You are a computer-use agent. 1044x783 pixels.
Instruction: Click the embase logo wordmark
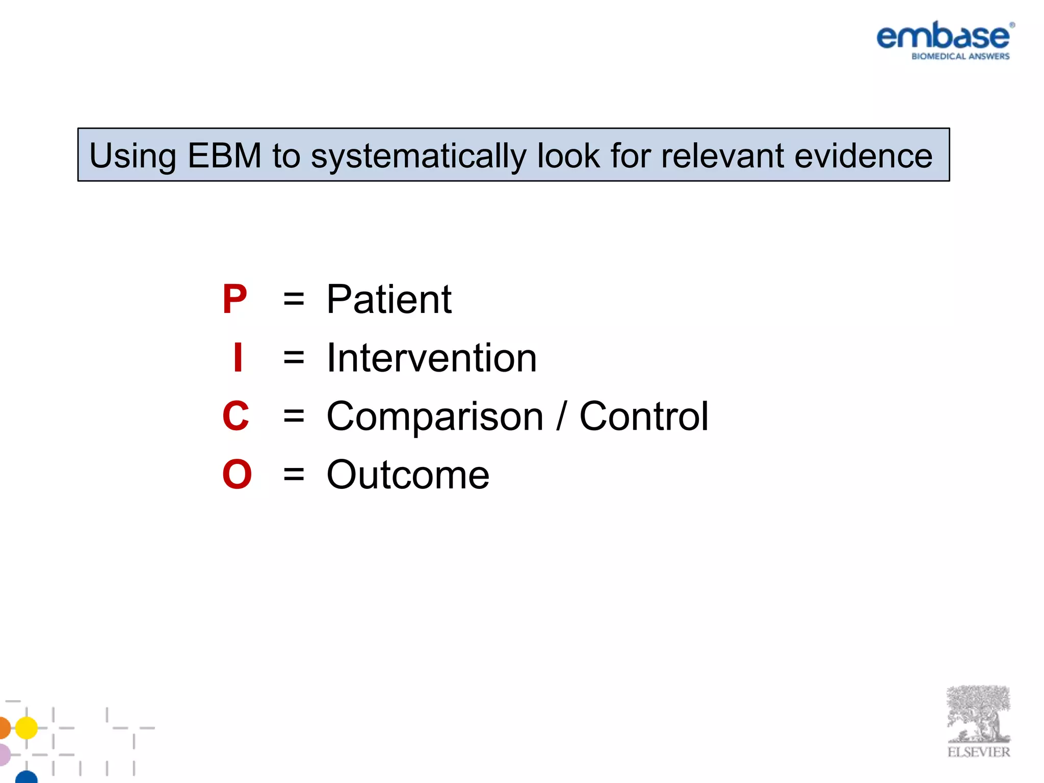(x=943, y=36)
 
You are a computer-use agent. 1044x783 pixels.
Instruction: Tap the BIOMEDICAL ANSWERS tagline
(x=960, y=56)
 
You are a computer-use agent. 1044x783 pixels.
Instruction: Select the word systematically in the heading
(x=419, y=156)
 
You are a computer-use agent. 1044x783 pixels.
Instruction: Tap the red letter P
(x=234, y=299)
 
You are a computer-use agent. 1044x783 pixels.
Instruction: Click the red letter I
(x=238, y=358)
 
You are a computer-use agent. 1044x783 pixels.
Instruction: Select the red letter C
(x=236, y=416)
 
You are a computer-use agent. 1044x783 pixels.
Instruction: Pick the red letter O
(x=237, y=475)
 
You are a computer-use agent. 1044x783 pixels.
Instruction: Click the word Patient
(x=389, y=299)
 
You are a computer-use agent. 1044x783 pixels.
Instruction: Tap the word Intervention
(x=431, y=358)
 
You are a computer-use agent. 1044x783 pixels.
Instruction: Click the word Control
(x=644, y=416)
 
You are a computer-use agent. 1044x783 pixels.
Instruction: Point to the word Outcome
(x=408, y=475)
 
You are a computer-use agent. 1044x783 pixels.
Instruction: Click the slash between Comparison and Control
(x=561, y=416)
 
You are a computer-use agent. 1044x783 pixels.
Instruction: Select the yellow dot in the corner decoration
(x=26, y=727)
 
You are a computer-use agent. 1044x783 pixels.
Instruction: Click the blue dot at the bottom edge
(x=27, y=777)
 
